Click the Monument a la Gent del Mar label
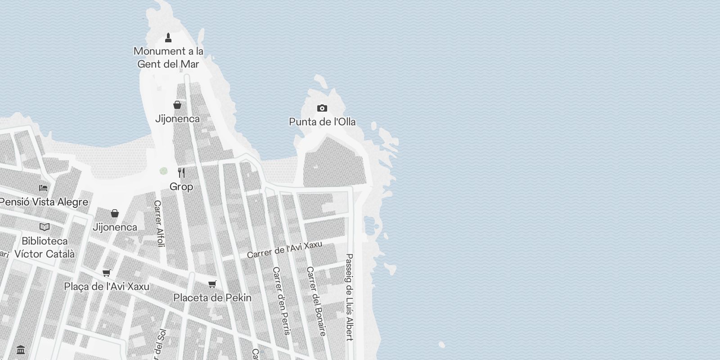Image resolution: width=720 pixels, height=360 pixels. pyautogui.click(x=168, y=58)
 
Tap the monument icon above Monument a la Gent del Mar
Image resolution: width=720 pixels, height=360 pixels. pyautogui.click(x=168, y=38)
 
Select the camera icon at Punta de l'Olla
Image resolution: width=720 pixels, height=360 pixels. pyautogui.click(x=322, y=108)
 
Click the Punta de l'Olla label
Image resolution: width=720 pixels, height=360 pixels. pyautogui.click(x=322, y=122)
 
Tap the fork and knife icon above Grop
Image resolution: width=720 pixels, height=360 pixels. pyautogui.click(x=181, y=173)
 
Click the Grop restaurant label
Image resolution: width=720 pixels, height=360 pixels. pyautogui.click(x=181, y=186)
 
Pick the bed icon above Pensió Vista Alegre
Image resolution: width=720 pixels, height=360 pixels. pyautogui.click(x=43, y=188)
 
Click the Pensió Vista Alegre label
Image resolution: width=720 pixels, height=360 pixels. pyautogui.click(x=44, y=202)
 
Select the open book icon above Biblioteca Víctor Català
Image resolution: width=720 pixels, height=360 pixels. pyautogui.click(x=45, y=227)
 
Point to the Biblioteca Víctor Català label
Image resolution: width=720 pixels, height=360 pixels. pyautogui.click(x=45, y=247)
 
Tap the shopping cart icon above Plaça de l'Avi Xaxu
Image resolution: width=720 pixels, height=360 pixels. pyautogui.click(x=107, y=273)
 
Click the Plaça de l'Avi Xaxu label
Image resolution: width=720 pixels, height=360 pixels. pyautogui.click(x=107, y=287)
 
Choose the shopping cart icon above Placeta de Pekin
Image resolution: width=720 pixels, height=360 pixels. pyautogui.click(x=212, y=284)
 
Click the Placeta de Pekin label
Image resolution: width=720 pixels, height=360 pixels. pyautogui.click(x=212, y=298)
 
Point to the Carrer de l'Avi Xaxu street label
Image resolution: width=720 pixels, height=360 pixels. pyautogui.click(x=284, y=250)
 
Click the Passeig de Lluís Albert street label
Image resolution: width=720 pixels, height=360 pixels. pyautogui.click(x=349, y=297)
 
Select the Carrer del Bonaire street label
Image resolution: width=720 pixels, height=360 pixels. pyautogui.click(x=316, y=301)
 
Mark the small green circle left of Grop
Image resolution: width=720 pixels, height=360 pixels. pyautogui.click(x=163, y=171)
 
